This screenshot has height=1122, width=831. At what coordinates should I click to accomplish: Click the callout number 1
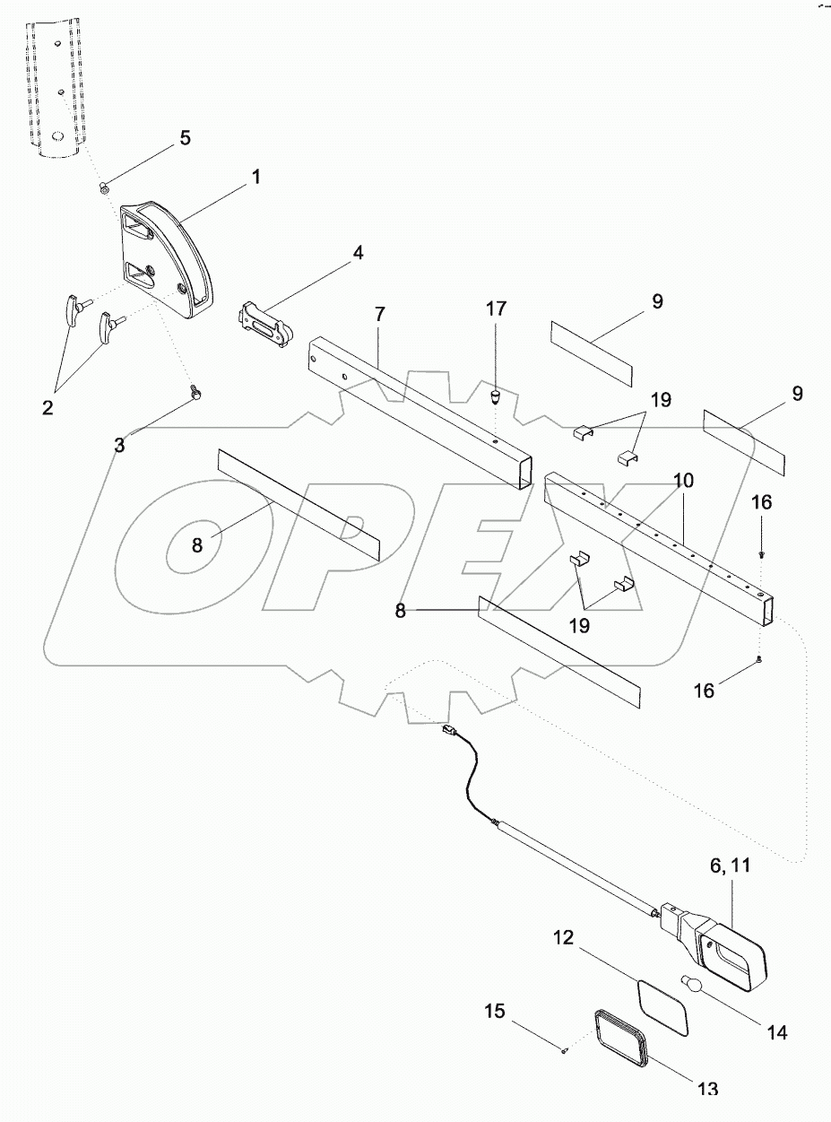(x=255, y=178)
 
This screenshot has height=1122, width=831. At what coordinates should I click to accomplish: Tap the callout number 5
(x=185, y=138)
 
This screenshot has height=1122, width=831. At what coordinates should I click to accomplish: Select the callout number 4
(x=358, y=253)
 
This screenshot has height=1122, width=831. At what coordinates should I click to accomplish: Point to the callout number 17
(x=496, y=309)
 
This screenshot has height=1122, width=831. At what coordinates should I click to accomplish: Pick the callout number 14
(x=776, y=1032)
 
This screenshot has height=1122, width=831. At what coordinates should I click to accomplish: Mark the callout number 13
(x=707, y=1088)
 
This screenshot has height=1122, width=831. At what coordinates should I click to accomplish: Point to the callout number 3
(x=119, y=443)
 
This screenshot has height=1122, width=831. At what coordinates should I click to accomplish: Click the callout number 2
(x=47, y=407)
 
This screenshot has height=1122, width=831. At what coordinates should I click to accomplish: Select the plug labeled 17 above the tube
(x=496, y=396)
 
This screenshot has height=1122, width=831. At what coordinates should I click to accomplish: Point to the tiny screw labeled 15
(x=563, y=1052)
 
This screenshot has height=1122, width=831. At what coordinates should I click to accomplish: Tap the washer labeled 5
(x=105, y=187)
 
